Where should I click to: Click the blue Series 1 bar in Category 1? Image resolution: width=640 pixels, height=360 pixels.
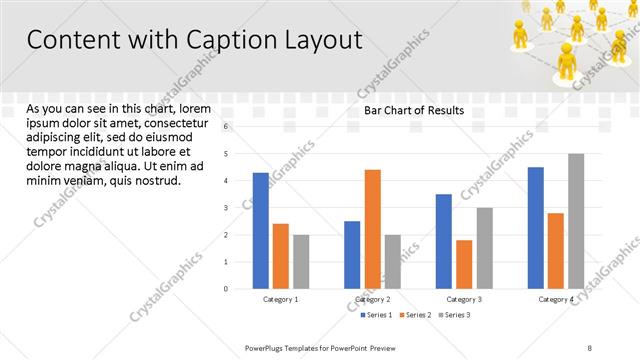[261, 230]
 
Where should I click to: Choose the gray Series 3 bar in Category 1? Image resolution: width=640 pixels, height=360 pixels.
[301, 261]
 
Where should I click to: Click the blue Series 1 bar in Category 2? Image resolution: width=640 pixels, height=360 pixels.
[352, 254]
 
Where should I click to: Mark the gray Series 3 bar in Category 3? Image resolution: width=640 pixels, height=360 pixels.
[484, 248]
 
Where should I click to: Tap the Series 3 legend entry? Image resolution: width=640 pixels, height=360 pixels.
[454, 315]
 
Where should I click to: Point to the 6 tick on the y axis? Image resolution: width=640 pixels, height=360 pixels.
[227, 126]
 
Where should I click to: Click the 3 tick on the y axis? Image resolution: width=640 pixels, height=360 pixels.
[227, 208]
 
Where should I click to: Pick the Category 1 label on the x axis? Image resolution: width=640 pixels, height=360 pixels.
[281, 299]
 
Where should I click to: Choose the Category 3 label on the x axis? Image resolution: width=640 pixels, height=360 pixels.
[464, 299]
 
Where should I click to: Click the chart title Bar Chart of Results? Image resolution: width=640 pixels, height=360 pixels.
[413, 110]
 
